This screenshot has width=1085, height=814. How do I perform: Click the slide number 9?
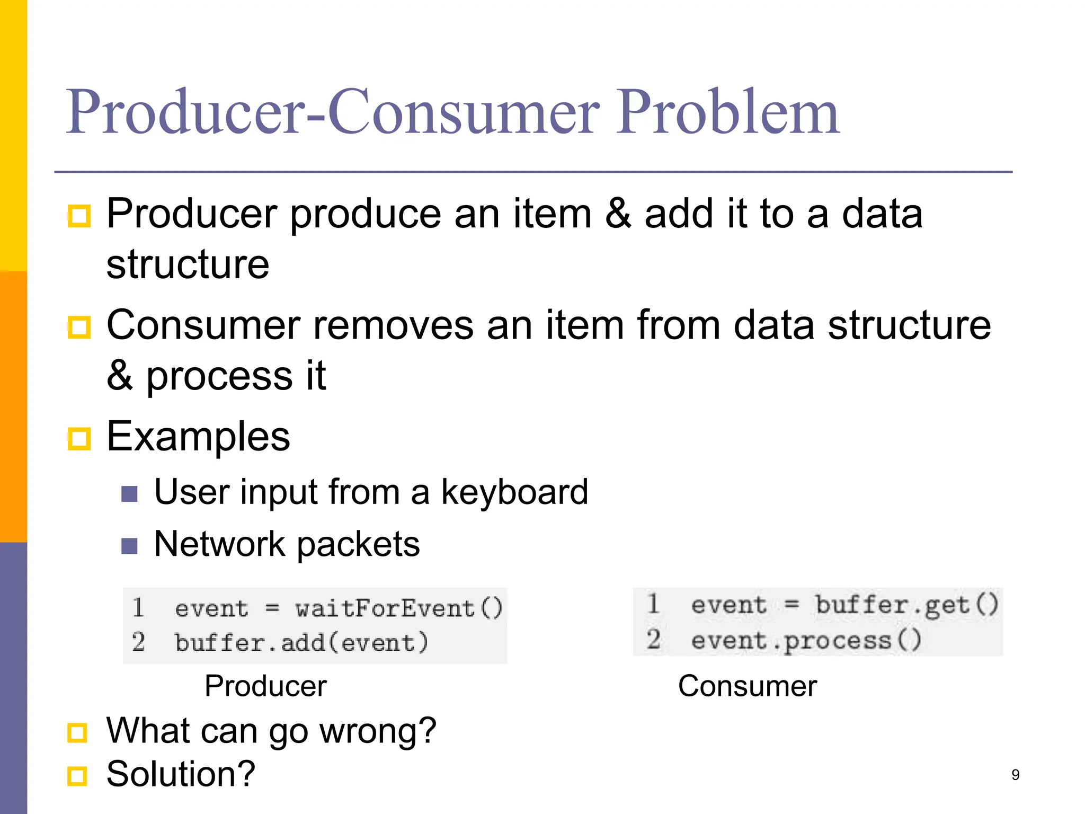click(1015, 775)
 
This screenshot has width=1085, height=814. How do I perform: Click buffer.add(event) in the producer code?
click(301, 643)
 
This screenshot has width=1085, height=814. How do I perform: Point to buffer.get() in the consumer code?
click(906, 605)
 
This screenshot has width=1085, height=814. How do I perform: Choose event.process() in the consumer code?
click(806, 640)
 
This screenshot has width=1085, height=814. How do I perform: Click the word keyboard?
click(514, 492)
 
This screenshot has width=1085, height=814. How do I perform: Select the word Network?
click(219, 544)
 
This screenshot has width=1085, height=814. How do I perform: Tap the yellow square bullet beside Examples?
click(79, 439)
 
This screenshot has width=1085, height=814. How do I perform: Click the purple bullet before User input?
click(129, 494)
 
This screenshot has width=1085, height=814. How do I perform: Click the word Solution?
click(181, 774)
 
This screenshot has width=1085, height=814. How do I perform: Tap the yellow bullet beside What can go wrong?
click(78, 733)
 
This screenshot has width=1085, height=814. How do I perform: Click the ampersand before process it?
click(119, 376)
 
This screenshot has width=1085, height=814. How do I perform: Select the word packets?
click(358, 544)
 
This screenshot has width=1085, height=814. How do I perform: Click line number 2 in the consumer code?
click(653, 639)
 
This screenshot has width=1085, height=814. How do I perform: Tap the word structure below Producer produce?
click(188, 264)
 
